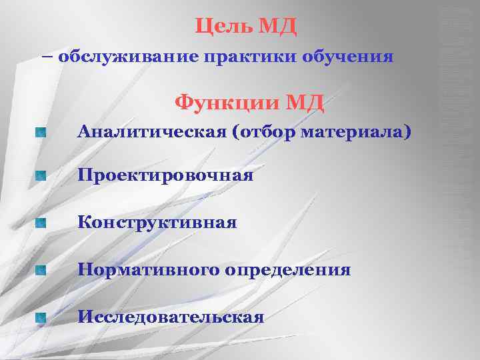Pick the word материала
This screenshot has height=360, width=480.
(x=353, y=132)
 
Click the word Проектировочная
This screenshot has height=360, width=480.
(x=165, y=177)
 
